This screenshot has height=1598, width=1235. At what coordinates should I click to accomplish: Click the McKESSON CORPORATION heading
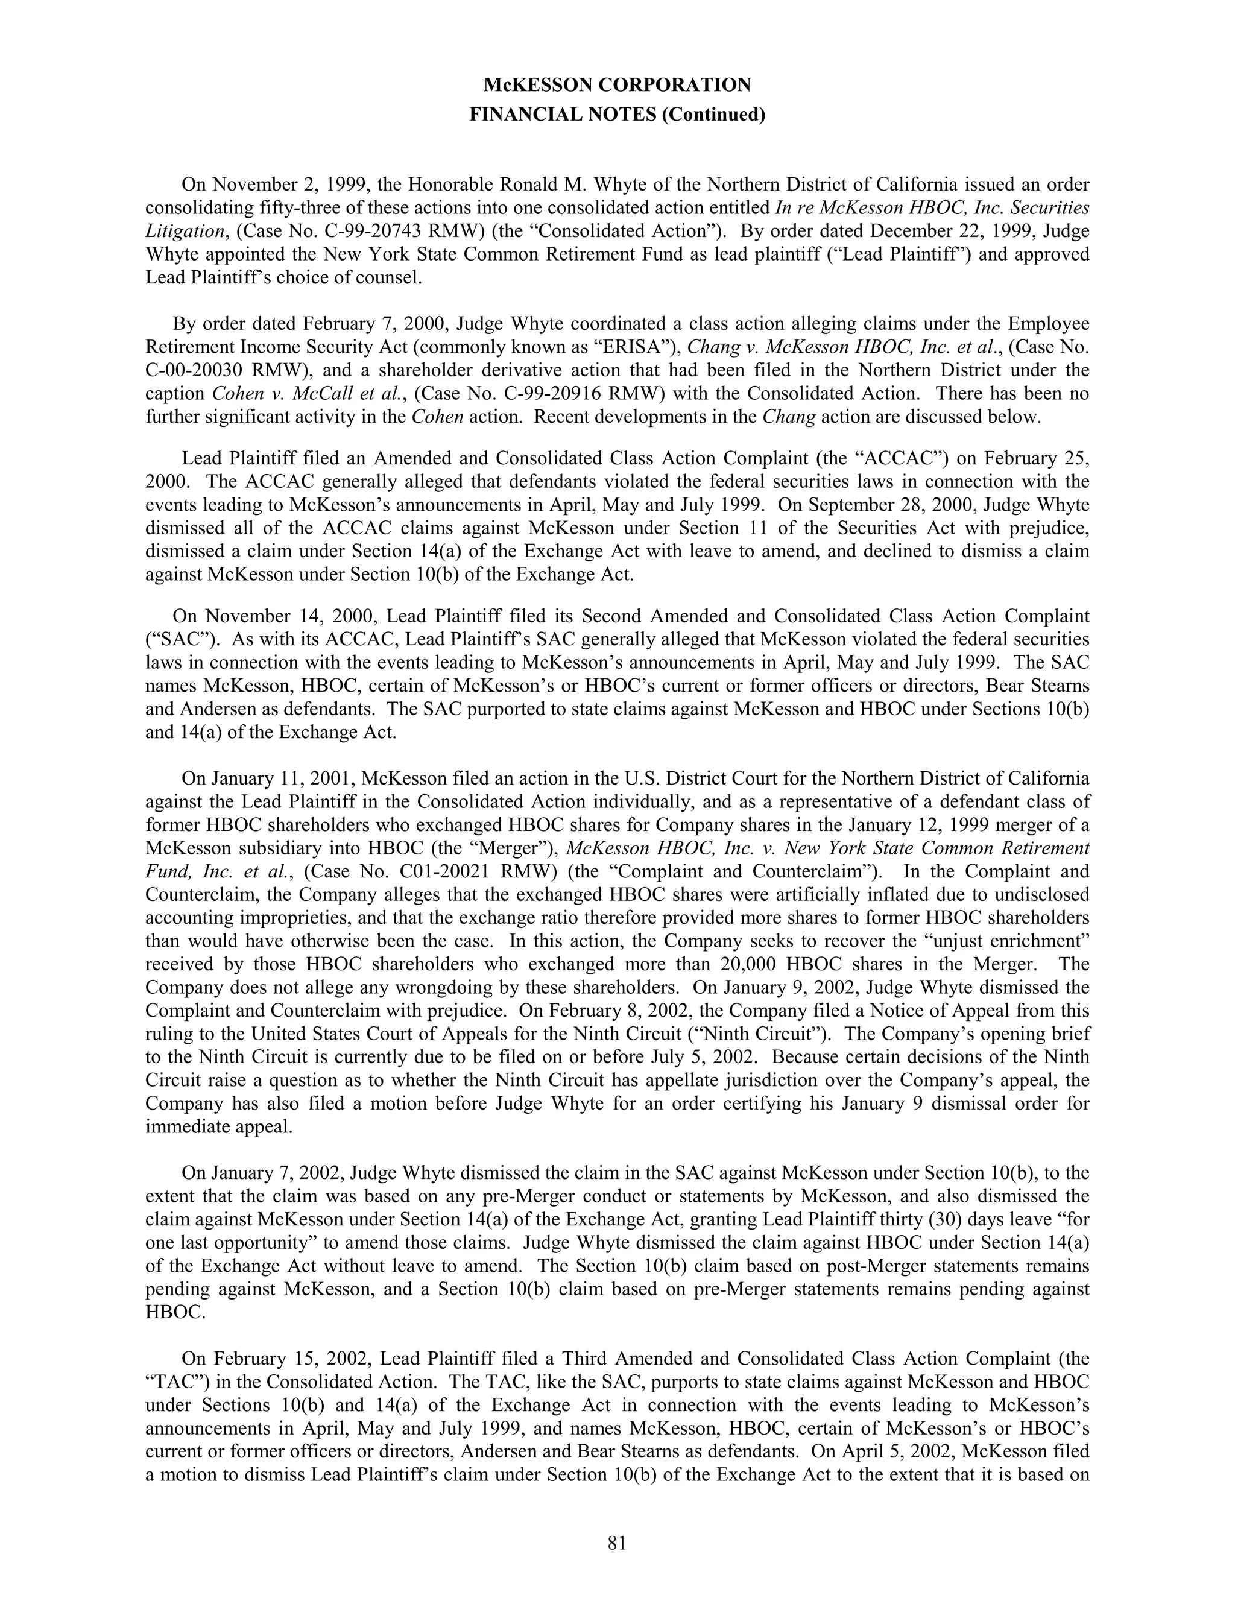coord(617,86)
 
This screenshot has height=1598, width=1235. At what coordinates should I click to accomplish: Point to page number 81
coord(617,1543)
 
